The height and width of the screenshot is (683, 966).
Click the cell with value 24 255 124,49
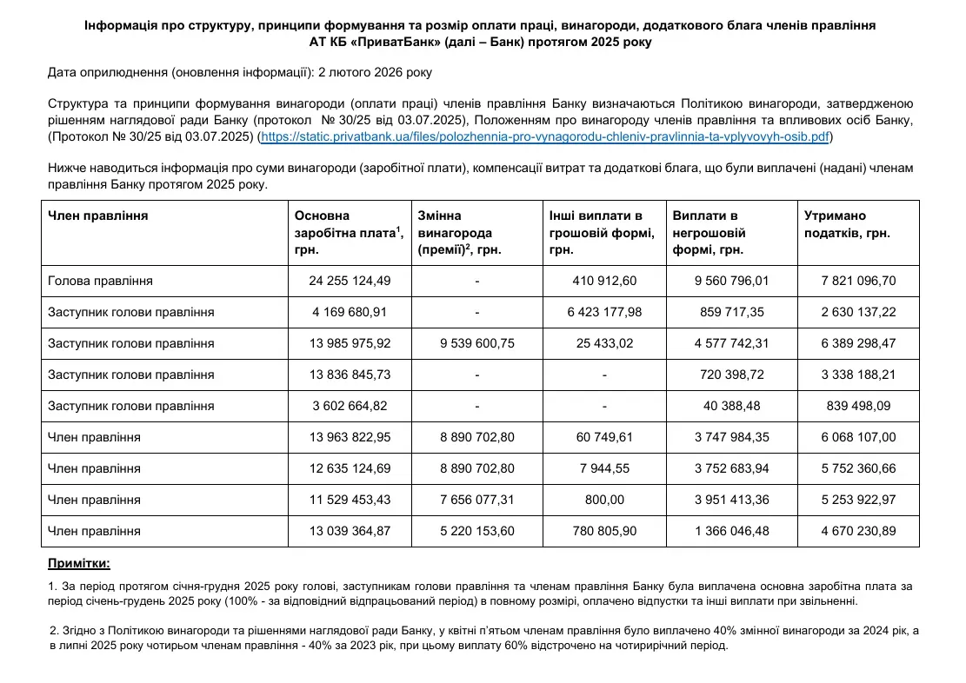[x=350, y=281]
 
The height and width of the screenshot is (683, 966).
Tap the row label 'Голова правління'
[x=100, y=281]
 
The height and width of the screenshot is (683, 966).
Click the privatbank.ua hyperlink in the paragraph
[x=546, y=137]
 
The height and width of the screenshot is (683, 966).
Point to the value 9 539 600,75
[x=477, y=343]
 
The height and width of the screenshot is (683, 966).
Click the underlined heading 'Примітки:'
[x=79, y=564]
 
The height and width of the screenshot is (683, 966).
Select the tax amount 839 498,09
[x=857, y=406]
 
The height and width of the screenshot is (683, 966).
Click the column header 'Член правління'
[x=97, y=216]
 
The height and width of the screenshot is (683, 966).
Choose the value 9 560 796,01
[x=731, y=281]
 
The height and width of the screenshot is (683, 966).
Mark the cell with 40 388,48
[x=731, y=406]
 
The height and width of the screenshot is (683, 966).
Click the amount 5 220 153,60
[x=477, y=531]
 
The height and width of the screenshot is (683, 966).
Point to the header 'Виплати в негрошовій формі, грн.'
[x=710, y=233]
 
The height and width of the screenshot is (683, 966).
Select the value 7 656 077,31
[x=477, y=500]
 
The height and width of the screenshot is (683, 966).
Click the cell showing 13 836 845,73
[x=350, y=375]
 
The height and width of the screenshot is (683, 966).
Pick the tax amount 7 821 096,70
[x=857, y=281]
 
